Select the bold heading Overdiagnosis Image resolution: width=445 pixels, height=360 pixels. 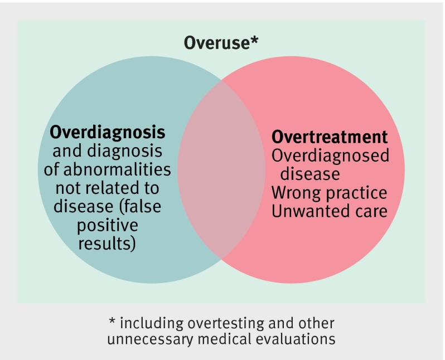(x=108, y=133)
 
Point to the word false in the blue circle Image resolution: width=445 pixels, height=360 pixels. (x=142, y=206)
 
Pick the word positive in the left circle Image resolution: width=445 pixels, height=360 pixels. (x=108, y=226)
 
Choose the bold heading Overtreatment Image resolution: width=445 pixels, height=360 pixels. (x=329, y=137)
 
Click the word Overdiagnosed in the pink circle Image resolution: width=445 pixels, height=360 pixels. (x=330, y=155)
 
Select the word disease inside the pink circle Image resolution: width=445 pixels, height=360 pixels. (x=310, y=174)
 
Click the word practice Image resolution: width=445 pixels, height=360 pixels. (x=356, y=193)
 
